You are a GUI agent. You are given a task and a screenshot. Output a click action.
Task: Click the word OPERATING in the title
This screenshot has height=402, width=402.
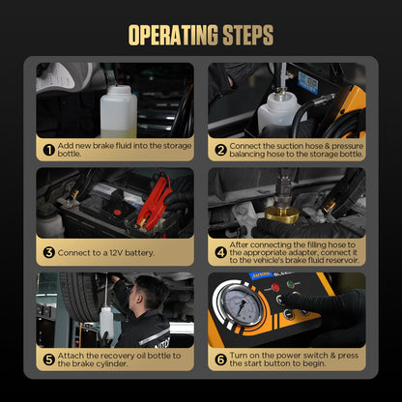(173, 35)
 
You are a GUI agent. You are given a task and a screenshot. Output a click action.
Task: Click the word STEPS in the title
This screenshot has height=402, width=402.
(248, 35)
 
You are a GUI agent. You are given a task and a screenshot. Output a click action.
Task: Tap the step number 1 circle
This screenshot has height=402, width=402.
(49, 150)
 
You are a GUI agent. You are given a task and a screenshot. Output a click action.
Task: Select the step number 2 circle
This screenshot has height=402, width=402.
(220, 150)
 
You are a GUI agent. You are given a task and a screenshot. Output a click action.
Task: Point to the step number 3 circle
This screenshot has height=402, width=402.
(49, 252)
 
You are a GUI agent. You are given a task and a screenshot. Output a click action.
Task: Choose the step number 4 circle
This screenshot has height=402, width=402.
(220, 252)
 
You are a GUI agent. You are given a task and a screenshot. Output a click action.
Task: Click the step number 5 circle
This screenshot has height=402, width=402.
(49, 359)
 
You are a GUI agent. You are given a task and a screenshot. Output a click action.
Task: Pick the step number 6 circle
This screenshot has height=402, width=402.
(220, 359)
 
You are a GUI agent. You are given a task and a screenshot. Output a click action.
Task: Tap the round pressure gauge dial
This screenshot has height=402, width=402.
(241, 303)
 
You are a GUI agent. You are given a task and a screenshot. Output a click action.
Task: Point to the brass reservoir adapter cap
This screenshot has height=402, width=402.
(282, 215)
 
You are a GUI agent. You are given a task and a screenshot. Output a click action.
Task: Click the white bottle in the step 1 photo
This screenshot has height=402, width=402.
(119, 111)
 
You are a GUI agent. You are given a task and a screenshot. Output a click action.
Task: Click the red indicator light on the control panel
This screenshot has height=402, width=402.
(275, 287)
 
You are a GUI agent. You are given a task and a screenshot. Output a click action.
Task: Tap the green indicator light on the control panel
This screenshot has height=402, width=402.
(291, 285)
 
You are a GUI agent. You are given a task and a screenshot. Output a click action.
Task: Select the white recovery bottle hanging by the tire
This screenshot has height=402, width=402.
(106, 323)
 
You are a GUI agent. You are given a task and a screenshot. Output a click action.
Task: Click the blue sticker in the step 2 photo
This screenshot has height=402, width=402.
(308, 83)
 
